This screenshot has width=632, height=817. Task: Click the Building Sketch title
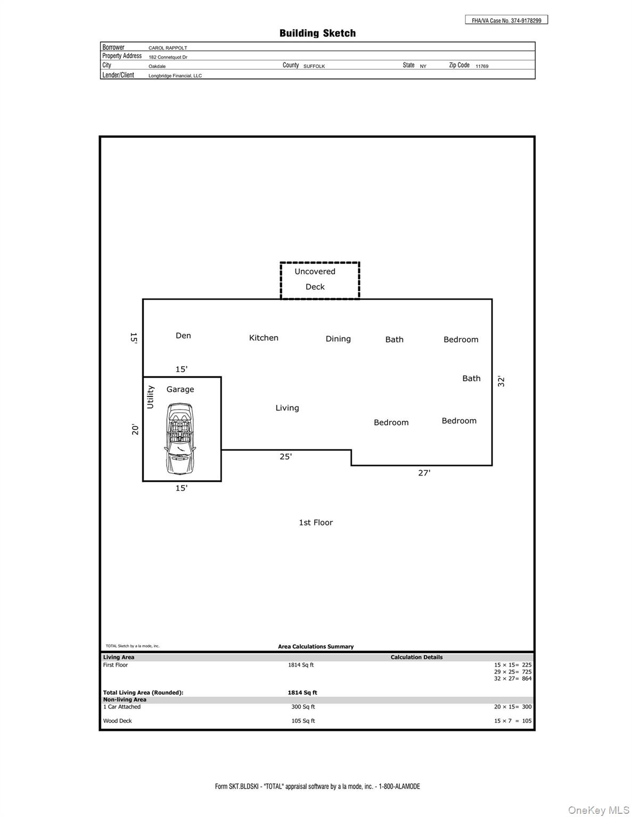click(x=317, y=34)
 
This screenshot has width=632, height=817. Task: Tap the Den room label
click(x=183, y=336)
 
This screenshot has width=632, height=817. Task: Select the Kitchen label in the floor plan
click(x=264, y=338)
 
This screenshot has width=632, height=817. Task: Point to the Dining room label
click(x=338, y=339)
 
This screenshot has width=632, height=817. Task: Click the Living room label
click(x=287, y=408)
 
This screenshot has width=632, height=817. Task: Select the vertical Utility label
click(x=150, y=397)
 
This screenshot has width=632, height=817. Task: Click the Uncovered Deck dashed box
click(x=320, y=280)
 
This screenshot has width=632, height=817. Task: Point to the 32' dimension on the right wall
click(x=501, y=381)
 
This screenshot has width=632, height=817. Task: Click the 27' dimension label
click(x=424, y=473)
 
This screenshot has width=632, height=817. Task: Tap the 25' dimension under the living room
click(x=285, y=456)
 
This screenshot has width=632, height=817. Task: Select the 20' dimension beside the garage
click(x=135, y=429)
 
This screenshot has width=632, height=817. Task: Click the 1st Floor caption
click(x=316, y=523)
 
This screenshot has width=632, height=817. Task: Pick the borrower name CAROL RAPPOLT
click(x=168, y=48)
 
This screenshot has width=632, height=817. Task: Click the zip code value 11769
click(x=482, y=66)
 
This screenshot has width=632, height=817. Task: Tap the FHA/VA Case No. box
click(x=506, y=20)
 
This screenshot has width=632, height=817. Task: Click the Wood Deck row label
click(x=118, y=721)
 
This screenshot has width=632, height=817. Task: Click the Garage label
click(x=180, y=389)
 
